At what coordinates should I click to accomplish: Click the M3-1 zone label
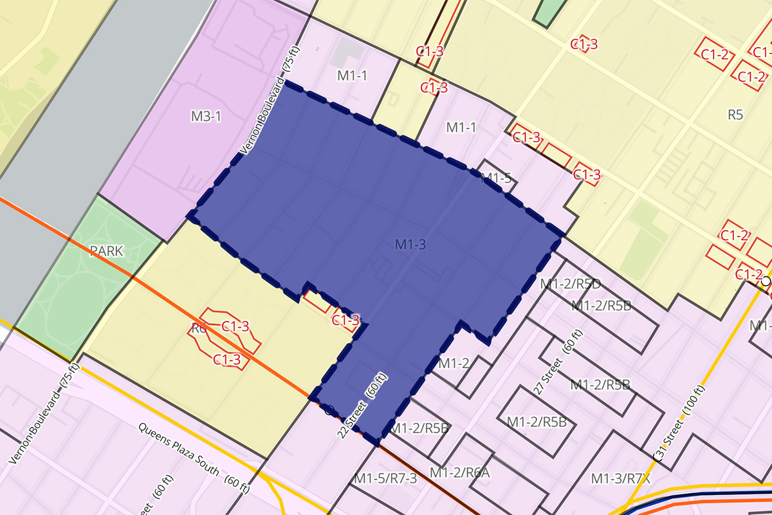206,117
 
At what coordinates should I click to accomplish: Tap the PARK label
107,251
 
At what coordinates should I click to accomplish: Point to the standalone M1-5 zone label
496,178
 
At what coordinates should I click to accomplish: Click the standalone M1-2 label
454,363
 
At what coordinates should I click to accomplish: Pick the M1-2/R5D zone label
570,283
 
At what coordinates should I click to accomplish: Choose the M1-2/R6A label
460,473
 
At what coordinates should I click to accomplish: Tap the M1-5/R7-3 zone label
385,478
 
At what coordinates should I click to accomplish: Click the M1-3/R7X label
621,478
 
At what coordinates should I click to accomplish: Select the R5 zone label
735,115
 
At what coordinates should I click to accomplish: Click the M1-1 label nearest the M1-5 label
461,127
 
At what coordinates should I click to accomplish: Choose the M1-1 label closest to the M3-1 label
352,76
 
